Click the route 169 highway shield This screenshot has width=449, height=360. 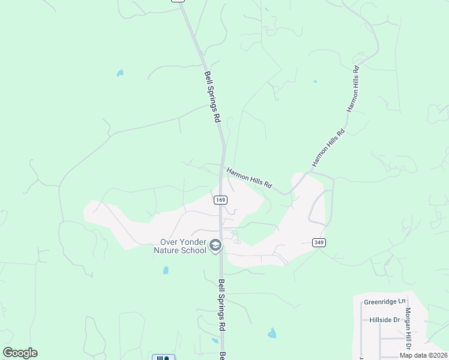(220, 200)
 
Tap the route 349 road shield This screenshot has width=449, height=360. (319, 242)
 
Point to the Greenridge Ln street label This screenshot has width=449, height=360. (385, 302)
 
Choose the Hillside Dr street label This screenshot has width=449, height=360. (385, 320)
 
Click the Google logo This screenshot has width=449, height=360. (20, 353)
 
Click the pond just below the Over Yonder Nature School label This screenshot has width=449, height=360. (166, 270)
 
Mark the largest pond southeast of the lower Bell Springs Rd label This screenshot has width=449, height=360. (272, 333)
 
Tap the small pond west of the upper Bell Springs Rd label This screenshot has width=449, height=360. (120, 73)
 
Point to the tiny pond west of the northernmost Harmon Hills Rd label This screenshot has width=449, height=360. (315, 81)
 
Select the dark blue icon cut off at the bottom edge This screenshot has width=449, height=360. (163, 358)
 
